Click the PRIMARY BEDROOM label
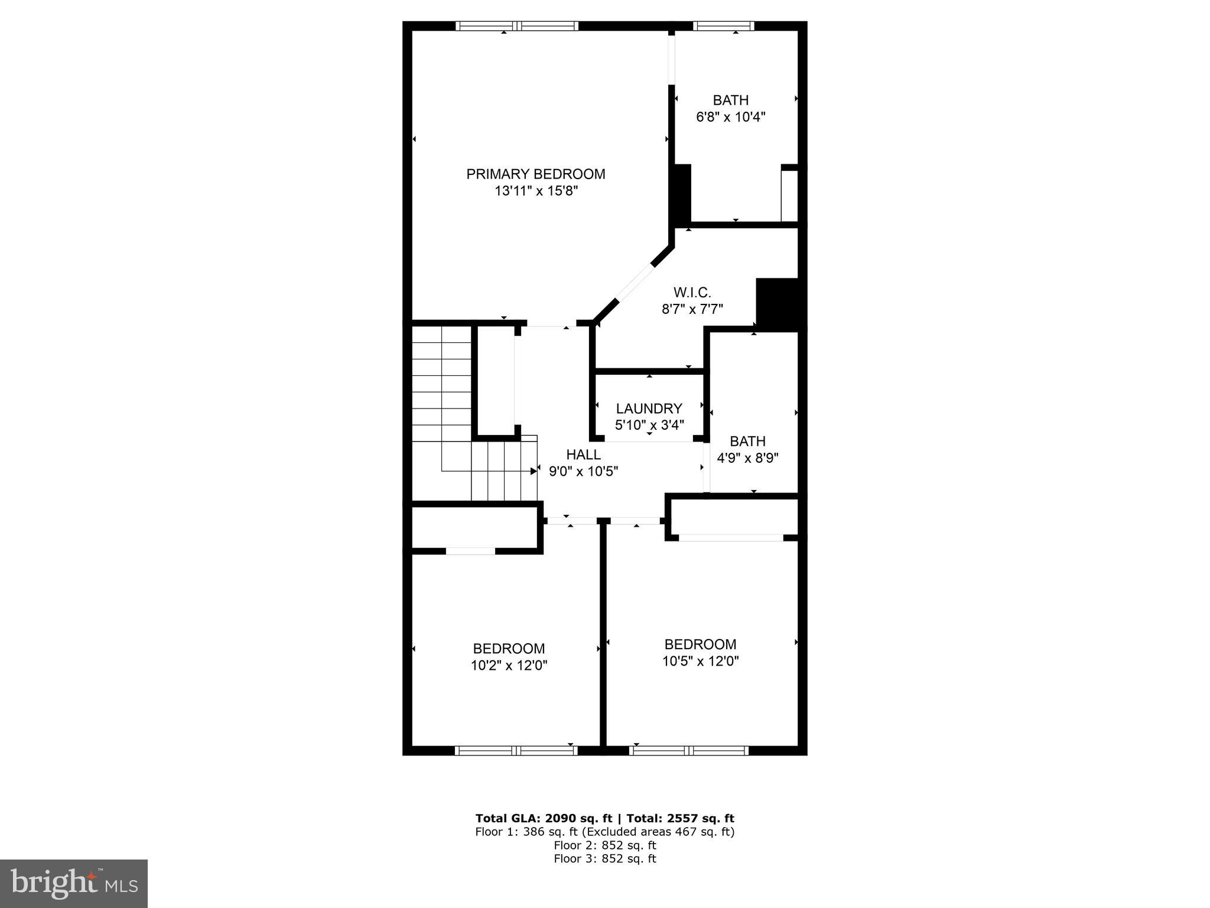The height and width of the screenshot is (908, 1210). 535,174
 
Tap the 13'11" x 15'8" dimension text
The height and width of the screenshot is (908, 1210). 535,191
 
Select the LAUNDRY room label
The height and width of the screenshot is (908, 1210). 649,408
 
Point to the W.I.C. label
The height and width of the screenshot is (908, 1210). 692,292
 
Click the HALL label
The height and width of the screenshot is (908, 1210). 583,455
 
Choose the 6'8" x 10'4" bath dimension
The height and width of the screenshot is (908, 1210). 730,117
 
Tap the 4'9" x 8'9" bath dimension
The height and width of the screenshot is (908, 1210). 747,458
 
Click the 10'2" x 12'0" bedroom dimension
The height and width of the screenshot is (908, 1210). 509,665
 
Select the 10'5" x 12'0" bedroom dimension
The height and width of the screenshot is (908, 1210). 700,661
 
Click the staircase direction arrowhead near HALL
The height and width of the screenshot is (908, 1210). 534,471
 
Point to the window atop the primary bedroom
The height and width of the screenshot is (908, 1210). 517,26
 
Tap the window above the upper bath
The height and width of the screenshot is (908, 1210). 723,26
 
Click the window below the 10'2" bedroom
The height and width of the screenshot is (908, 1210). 516,751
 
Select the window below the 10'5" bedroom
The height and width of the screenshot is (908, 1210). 689,751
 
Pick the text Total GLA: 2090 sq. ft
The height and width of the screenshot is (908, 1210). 544,818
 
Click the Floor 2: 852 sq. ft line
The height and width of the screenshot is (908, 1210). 604,845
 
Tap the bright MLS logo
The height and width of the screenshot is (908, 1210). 74,883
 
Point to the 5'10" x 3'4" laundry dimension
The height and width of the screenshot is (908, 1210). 649,425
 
